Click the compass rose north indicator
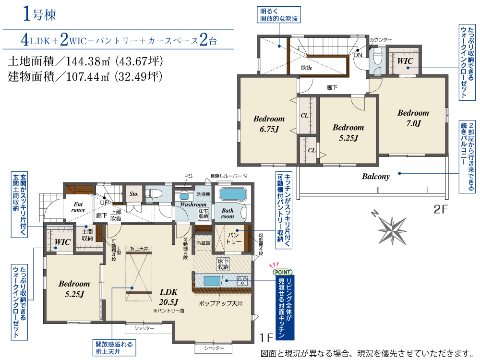(374, 213)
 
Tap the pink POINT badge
(283, 272)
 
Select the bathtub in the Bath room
(233, 195)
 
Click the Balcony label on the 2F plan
(376, 176)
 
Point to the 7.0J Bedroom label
(413, 118)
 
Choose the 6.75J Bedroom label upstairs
(269, 124)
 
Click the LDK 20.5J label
(168, 297)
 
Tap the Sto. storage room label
(134, 194)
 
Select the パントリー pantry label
(234, 239)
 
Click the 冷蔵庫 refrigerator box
(203, 243)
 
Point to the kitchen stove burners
(242, 281)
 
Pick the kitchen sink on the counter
(212, 281)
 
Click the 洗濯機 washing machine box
(203, 194)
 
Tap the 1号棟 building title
(39, 14)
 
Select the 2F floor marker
(441, 209)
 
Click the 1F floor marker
(266, 337)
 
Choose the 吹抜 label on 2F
(306, 68)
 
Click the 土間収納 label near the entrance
(87, 235)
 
